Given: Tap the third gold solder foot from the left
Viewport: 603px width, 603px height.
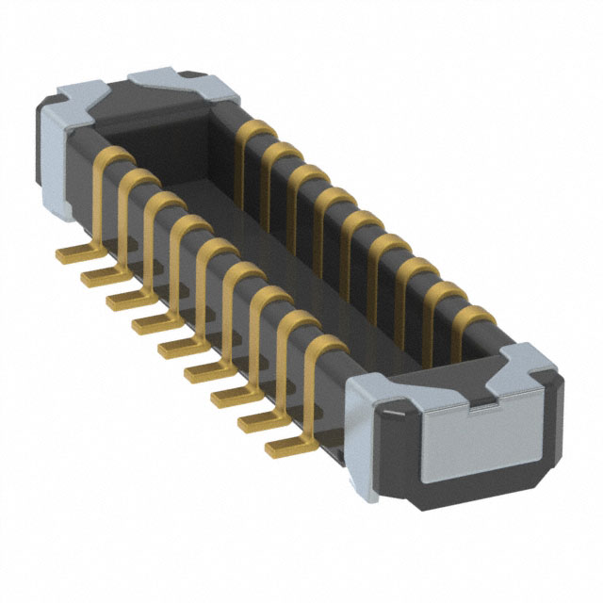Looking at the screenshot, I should tap(120, 300).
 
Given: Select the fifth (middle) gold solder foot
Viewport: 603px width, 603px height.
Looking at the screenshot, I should tap(171, 348).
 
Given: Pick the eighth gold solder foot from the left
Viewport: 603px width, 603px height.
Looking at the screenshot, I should tap(251, 421).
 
